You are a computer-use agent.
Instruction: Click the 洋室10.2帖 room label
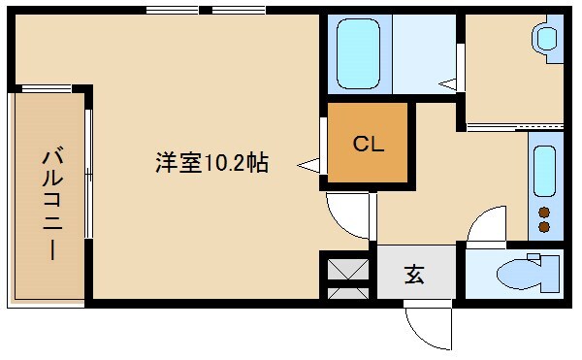tap(211, 163)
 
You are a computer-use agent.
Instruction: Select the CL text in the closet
tap(369, 146)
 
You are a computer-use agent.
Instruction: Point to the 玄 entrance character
tap(414, 276)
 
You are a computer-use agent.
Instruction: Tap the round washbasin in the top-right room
tap(547, 39)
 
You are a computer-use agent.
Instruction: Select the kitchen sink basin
tap(544, 170)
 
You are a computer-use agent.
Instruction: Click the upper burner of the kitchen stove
tap(544, 213)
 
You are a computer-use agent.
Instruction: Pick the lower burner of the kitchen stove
tap(544, 228)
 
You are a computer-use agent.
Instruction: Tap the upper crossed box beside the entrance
tap(345, 266)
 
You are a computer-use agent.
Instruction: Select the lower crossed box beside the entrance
tap(345, 290)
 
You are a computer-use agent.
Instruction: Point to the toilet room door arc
tap(485, 225)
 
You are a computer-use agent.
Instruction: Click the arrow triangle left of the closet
tap(308, 166)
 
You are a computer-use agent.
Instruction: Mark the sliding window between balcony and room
tap(88, 174)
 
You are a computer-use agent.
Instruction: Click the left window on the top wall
tap(174, 10)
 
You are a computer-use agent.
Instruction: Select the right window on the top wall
tap(239, 10)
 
